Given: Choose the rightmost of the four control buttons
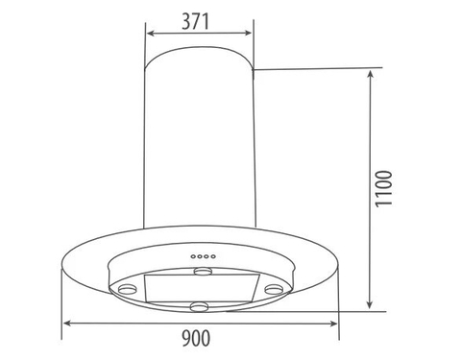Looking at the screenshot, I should coord(211,256).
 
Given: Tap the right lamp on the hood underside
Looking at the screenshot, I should coord(275,288).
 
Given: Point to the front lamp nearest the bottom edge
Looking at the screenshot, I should coord(201,306).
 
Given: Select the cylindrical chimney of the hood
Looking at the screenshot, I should coord(199,144).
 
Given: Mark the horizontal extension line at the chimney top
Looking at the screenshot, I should coord(317,67).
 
